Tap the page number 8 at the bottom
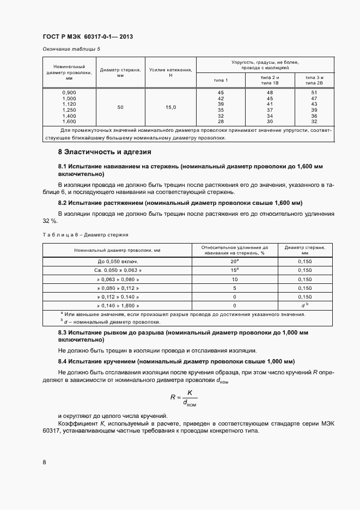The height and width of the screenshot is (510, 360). point(44,462)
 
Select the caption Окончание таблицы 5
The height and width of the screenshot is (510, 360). point(71,49)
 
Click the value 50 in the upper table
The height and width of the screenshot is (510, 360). point(120,107)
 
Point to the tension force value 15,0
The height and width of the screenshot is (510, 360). point(170,107)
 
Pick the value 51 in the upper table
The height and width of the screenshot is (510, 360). point(314,93)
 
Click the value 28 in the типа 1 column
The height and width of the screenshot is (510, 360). point(221,122)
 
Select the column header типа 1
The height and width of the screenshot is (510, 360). point(221,81)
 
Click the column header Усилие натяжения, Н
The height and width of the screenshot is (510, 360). point(170,72)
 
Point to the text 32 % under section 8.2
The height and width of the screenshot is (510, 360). point(50,221)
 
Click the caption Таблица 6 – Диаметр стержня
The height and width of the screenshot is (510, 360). point(86,234)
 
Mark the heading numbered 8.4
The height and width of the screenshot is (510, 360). point(176,361)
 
